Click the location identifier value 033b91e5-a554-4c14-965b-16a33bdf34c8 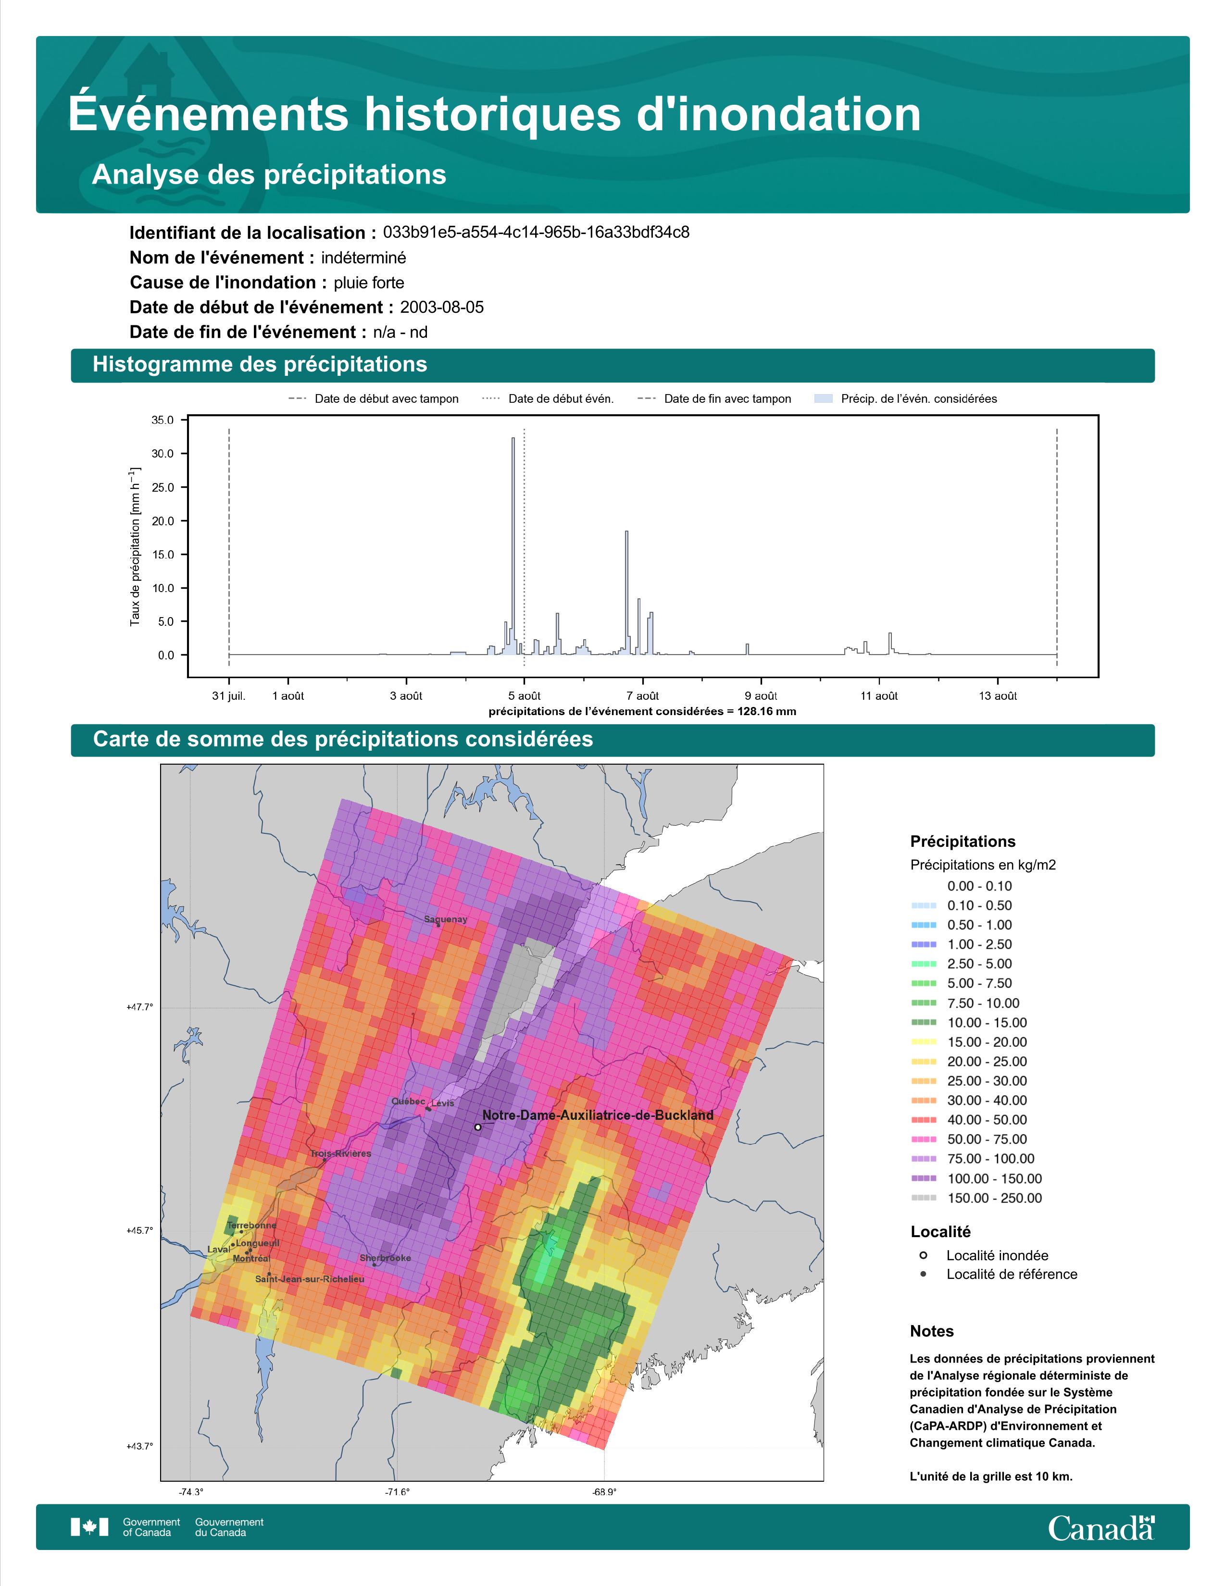pos(536,233)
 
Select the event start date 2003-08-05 pos(441,307)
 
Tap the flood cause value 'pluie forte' pos(369,283)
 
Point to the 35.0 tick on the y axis pos(163,420)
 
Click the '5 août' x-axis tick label pos(525,696)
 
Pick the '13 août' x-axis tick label pos(998,696)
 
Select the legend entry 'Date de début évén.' pos(561,399)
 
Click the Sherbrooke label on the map pos(385,1258)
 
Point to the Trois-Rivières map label pos(341,1153)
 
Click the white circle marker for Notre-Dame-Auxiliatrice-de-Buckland pos(477,1127)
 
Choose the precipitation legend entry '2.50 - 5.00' pos(979,964)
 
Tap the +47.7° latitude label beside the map pos(140,1007)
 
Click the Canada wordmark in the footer pos(1101,1529)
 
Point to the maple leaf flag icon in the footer pos(89,1527)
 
